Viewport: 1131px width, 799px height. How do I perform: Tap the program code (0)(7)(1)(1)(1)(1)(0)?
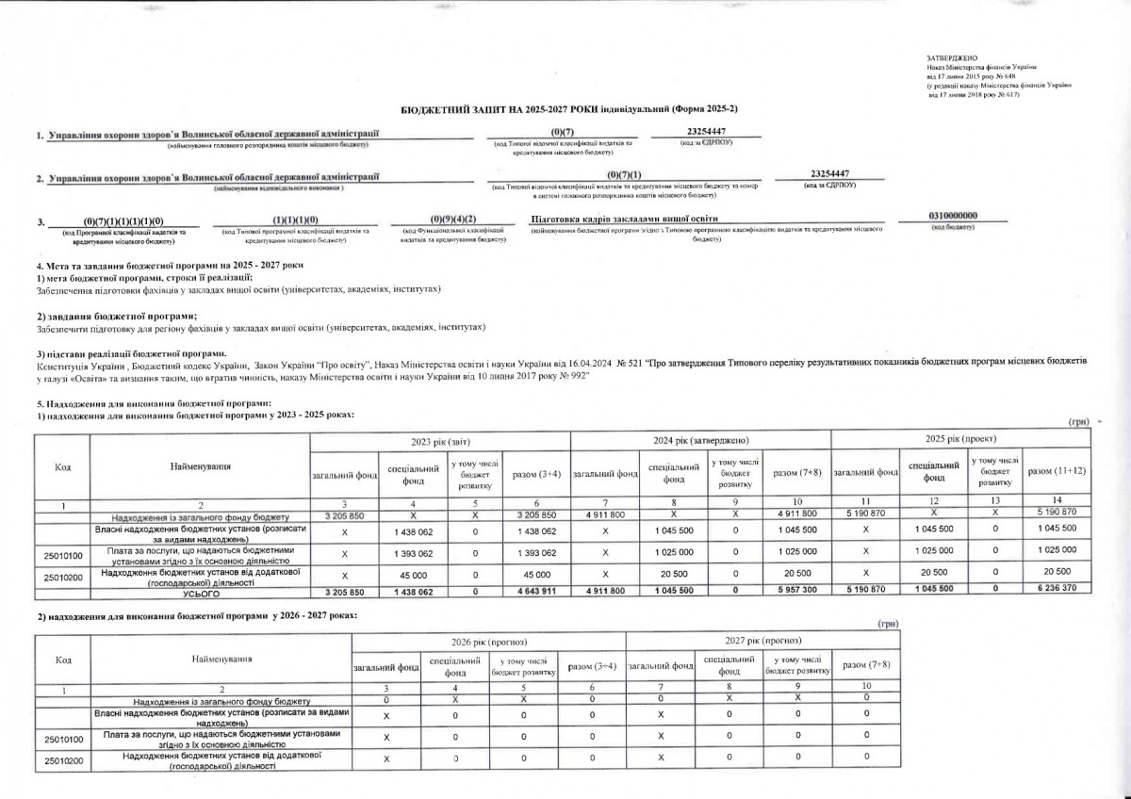tap(123, 220)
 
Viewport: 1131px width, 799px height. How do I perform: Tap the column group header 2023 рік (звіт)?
tap(441, 440)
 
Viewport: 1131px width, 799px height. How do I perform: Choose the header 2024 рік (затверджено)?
tap(700, 440)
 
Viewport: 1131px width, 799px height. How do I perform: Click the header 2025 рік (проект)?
tap(960, 440)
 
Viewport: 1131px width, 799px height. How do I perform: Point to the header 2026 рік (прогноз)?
tap(486, 641)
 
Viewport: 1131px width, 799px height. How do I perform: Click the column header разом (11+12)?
tap(1056, 470)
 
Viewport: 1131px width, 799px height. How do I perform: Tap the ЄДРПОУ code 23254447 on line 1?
tap(707, 131)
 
